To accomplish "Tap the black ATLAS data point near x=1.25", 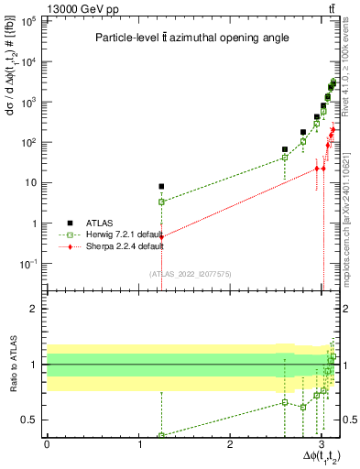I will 161,187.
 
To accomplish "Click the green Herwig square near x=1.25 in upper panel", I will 161,202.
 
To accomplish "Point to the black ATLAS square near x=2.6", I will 285,149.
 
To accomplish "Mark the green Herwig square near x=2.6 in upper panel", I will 285,158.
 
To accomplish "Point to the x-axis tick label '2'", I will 231,445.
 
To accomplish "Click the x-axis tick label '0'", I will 47,445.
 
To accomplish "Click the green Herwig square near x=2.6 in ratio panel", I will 285,402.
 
